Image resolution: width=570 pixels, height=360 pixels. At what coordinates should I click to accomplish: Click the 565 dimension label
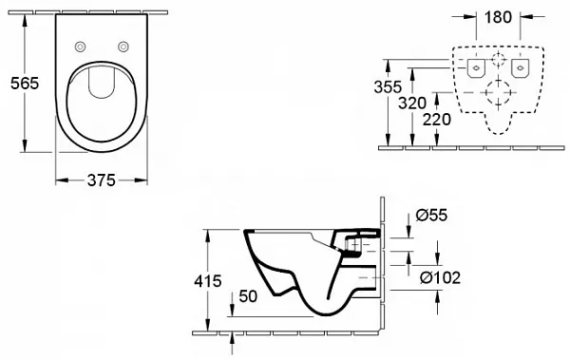(25, 84)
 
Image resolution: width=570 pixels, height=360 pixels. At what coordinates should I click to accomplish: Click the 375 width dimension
(102, 180)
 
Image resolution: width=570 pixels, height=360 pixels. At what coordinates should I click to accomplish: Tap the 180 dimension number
(498, 17)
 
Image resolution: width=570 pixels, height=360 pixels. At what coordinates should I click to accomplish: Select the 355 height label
(388, 86)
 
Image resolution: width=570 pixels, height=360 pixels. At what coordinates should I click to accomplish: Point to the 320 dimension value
(412, 104)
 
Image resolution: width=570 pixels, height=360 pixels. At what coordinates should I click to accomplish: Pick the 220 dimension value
(437, 120)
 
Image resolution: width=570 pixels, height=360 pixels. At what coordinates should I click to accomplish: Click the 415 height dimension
(207, 281)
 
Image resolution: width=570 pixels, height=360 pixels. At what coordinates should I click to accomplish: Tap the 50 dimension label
(248, 296)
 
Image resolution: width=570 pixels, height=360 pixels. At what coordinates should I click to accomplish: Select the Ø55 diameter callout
(431, 215)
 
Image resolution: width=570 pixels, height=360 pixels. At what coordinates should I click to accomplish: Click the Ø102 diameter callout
(440, 278)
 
